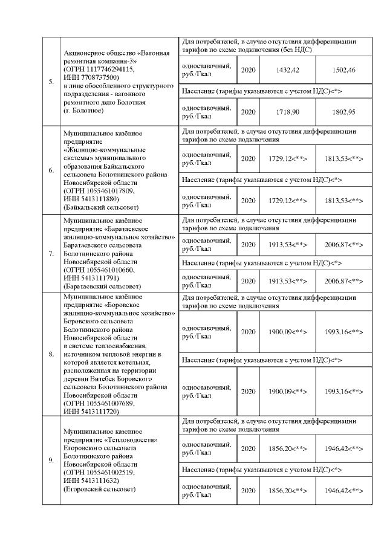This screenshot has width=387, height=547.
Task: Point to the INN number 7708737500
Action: point(100,77)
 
